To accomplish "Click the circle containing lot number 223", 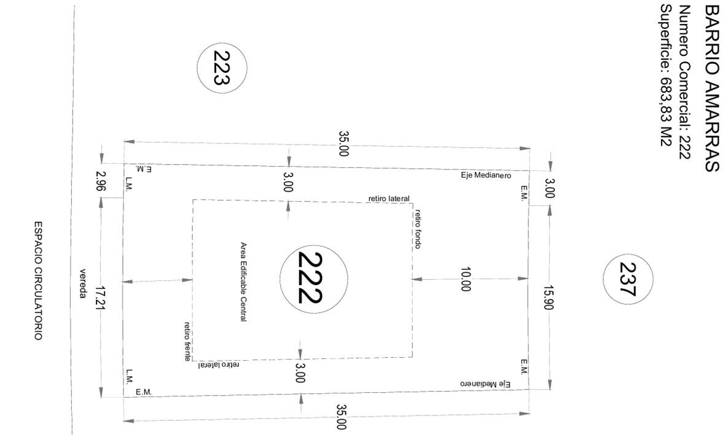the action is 197,68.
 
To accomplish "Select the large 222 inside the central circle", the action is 310,278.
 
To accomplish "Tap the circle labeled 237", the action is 603,279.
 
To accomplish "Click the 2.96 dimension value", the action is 101,181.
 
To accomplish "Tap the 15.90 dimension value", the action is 549,297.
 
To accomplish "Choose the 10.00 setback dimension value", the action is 465,279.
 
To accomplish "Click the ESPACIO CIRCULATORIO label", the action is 38,280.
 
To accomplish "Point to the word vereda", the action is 83,283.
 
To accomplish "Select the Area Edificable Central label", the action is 243,282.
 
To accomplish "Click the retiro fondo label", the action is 418,229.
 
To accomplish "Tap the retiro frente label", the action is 187,341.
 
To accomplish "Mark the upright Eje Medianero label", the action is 486,175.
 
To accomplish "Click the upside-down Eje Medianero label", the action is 485,384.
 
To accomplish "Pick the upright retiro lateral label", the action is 389,199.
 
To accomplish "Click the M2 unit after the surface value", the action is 666,136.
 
